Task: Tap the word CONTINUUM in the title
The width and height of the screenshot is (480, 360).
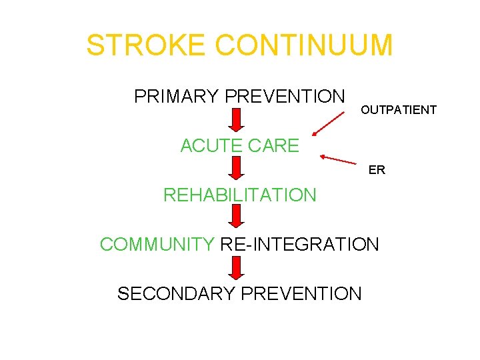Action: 304,45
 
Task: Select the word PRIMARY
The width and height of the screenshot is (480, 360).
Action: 177,97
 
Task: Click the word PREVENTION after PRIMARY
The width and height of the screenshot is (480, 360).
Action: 285,97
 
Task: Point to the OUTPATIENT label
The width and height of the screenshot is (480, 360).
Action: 399,110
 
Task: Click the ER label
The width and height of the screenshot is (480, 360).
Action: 377,170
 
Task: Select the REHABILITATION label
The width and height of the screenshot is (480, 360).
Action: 240,195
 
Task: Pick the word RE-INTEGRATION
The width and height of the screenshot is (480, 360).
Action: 299,244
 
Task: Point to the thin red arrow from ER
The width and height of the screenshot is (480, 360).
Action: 343,160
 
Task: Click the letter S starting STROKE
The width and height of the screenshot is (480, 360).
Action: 95,45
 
